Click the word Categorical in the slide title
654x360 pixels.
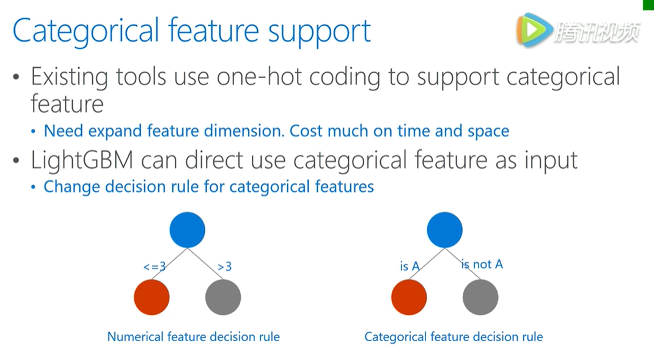(x=86, y=32)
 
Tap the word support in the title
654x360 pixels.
(x=319, y=32)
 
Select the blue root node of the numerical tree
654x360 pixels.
(x=187, y=230)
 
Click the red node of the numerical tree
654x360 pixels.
(x=152, y=297)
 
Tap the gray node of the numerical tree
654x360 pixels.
(x=223, y=297)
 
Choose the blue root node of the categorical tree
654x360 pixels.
(x=444, y=230)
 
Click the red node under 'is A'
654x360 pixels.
(x=409, y=297)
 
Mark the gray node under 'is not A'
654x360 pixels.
(x=480, y=297)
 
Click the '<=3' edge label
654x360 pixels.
(x=154, y=266)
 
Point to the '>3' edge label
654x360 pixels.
(x=224, y=266)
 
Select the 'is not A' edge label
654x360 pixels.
(x=482, y=264)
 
